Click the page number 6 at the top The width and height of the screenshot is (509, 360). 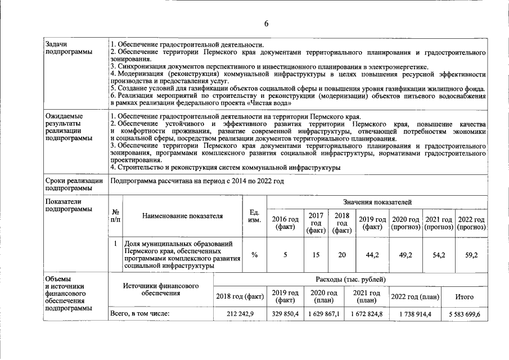pos(267,23)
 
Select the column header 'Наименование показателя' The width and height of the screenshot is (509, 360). pos(182,216)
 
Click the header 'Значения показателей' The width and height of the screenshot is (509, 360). pos(377,201)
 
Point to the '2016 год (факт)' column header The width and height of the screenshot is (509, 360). pos(285,223)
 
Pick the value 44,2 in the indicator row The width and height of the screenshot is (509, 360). pos(372,255)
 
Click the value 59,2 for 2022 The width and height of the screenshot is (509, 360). pos(471,255)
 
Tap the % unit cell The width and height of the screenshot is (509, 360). pos(254,255)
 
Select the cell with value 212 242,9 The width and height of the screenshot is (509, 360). pos(240,314)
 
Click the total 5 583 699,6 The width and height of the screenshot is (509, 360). pos(465,314)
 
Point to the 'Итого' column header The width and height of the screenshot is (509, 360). pos(465,296)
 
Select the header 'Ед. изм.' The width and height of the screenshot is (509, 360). pos(254,216)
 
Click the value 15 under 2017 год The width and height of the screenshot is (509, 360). pos(316,255)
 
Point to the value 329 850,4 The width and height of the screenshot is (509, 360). pos(285,314)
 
